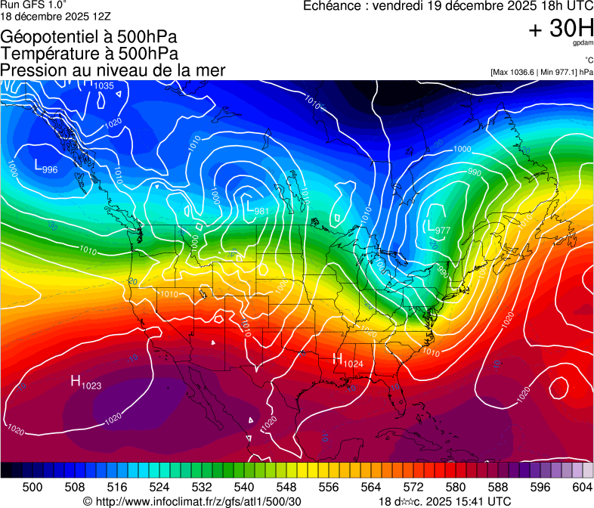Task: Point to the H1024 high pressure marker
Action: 348,361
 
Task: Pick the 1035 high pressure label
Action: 103,85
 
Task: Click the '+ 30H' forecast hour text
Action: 561,29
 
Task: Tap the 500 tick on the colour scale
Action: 32,488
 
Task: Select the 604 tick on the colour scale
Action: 582,488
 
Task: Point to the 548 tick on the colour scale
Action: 286,488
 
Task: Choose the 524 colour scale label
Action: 159,488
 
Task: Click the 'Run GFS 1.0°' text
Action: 33,5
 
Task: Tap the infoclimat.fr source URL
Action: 192,501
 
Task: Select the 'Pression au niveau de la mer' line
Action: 113,70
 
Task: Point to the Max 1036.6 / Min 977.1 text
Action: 541,72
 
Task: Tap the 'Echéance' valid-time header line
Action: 447,6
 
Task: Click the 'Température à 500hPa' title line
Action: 89,53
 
